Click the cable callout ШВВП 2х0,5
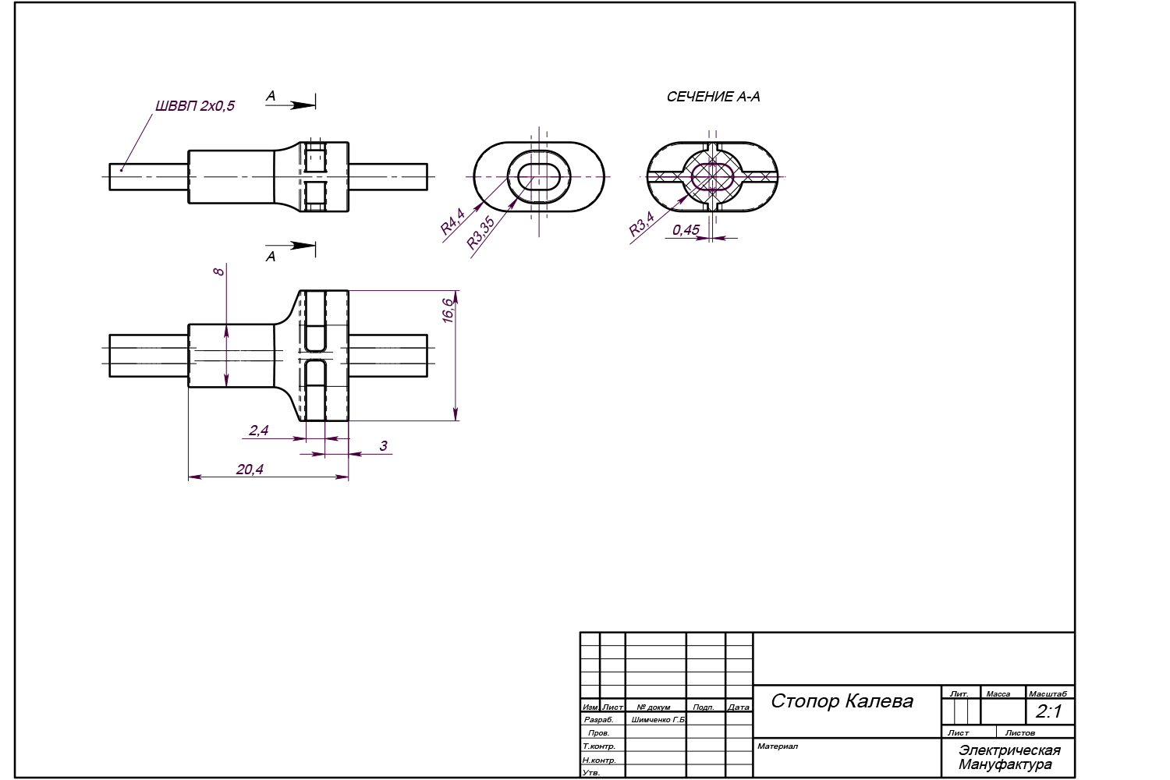[x=195, y=106]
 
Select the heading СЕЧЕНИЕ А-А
[x=713, y=97]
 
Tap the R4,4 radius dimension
[x=452, y=222]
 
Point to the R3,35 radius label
[x=480, y=232]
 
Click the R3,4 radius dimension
[x=641, y=225]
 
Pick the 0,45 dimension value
[x=686, y=230]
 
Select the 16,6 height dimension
[x=447, y=310]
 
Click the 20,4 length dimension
[x=250, y=469]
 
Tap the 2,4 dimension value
[x=258, y=430]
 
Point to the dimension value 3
[x=383, y=446]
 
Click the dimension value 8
[x=219, y=271]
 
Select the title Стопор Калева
[x=842, y=700]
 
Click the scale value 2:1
[x=1049, y=711]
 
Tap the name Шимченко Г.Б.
[x=658, y=720]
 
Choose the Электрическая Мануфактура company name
[x=1009, y=757]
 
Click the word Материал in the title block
[x=777, y=746]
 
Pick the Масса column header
[x=998, y=694]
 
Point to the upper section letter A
[x=271, y=96]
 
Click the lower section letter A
[x=271, y=257]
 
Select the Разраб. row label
[x=598, y=720]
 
